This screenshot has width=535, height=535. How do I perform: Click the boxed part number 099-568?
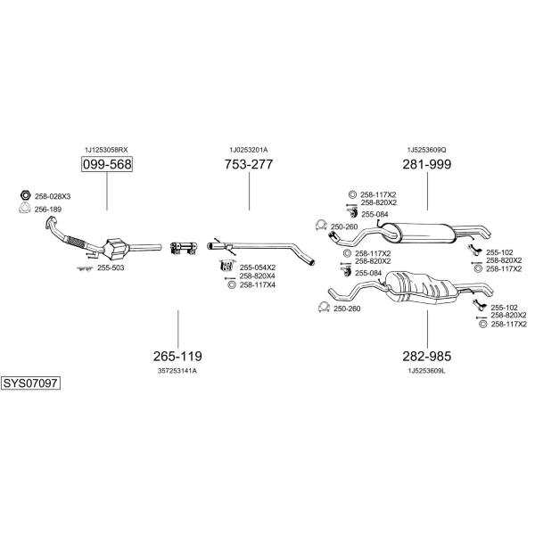(x=107, y=164)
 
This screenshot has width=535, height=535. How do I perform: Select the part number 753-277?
(x=249, y=164)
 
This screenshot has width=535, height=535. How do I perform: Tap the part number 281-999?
(x=427, y=164)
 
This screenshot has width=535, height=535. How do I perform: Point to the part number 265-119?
(x=177, y=356)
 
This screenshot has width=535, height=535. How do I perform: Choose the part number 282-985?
(x=427, y=356)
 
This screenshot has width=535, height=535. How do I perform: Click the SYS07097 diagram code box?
(x=30, y=383)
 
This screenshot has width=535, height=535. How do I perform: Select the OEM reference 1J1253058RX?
(x=106, y=150)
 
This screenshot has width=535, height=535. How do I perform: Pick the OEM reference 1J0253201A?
(x=249, y=150)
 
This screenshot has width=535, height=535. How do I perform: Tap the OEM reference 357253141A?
(x=177, y=371)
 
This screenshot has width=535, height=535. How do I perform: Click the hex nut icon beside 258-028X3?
(x=25, y=195)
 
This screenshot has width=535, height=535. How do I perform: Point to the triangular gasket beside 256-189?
(x=25, y=208)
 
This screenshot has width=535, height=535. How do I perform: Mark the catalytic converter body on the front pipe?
(x=116, y=249)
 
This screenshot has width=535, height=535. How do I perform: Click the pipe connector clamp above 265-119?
(x=184, y=248)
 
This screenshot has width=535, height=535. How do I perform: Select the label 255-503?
(x=111, y=267)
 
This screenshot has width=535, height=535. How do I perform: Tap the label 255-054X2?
(x=258, y=267)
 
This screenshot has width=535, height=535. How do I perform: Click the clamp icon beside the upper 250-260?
(x=321, y=226)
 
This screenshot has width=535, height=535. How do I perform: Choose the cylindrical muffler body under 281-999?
(x=418, y=233)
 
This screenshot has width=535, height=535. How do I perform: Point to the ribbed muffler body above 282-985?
(x=422, y=286)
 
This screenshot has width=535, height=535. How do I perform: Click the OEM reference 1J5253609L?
(x=426, y=371)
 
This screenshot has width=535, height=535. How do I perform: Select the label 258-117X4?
(x=258, y=285)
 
